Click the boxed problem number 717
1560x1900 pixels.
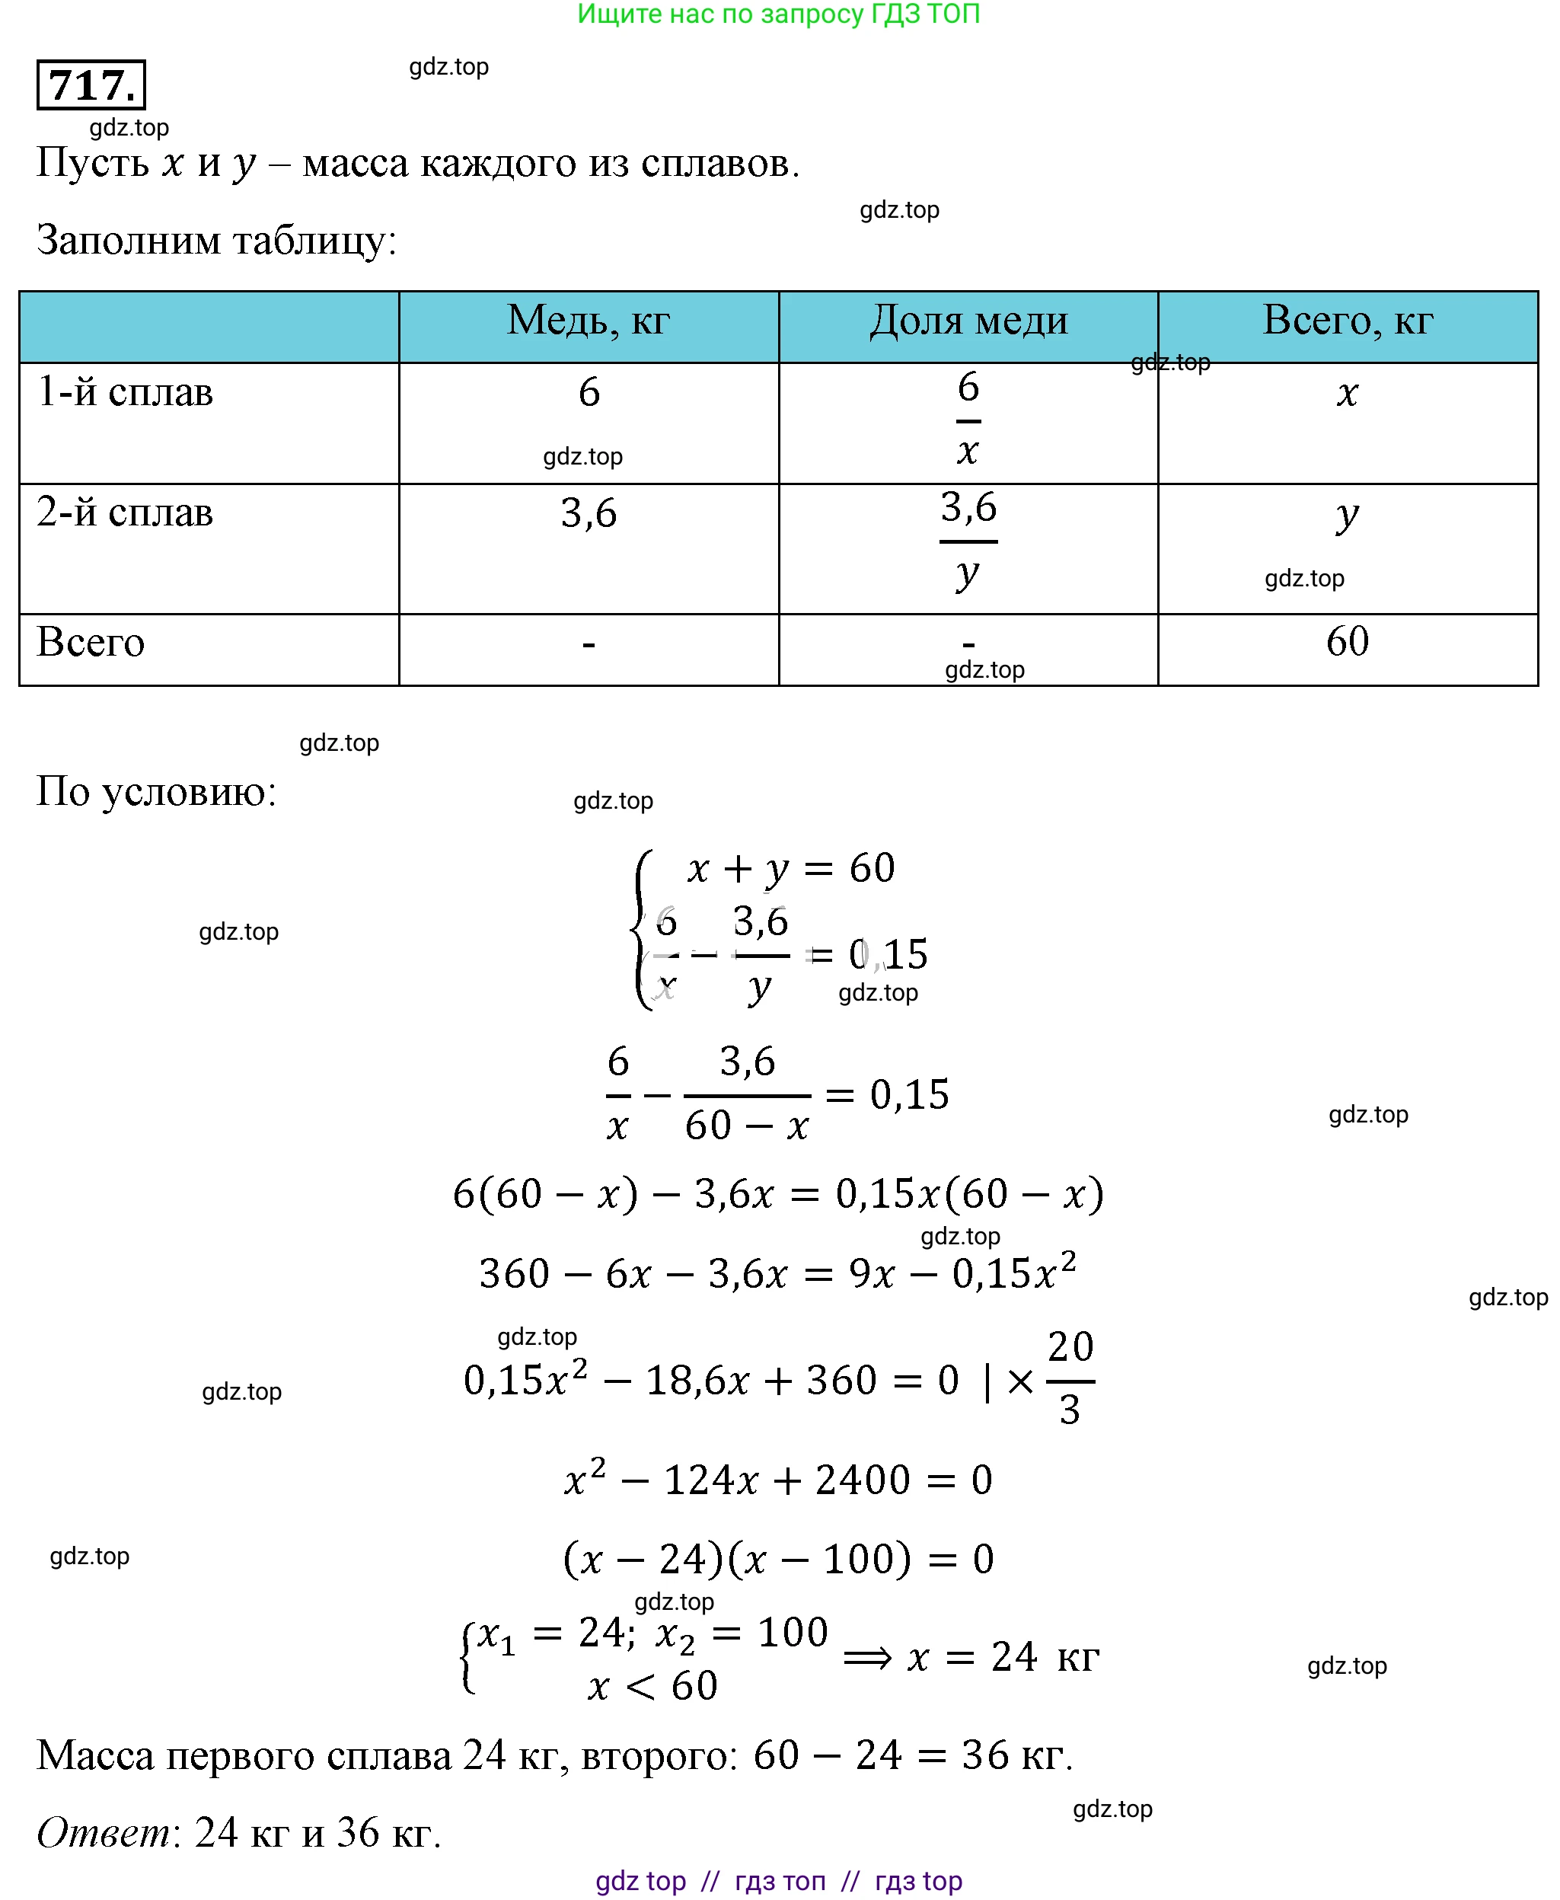tap(91, 85)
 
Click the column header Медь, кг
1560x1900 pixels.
tap(588, 320)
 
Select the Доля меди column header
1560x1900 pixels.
tap(968, 320)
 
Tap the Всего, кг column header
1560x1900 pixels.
tap(1347, 320)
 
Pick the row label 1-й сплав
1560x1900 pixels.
tap(125, 393)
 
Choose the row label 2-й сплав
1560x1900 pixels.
tap(125, 513)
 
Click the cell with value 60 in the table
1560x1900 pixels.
tap(1347, 642)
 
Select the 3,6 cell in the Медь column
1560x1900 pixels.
tap(589, 513)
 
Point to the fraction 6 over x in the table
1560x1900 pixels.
tap(968, 420)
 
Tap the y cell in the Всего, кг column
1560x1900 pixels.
tap(1346, 516)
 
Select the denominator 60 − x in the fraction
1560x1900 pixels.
tap(747, 1126)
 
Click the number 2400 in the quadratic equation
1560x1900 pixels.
tap(863, 1480)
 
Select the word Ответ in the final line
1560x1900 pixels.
tap(104, 1831)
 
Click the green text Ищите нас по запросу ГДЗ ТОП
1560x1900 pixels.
tap(778, 14)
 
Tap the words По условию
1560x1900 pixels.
tap(156, 792)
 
